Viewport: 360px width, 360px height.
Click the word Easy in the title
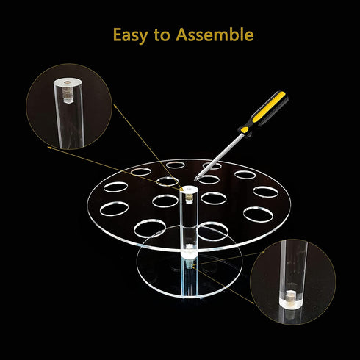[130, 35]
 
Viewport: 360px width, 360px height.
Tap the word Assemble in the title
[215, 35]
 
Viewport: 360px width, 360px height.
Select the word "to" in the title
[162, 35]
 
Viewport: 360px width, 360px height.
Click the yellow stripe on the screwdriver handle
[270, 107]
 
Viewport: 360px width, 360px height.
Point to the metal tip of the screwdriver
[195, 179]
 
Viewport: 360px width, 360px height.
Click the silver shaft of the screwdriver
[219, 156]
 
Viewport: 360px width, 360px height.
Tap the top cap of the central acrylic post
[189, 189]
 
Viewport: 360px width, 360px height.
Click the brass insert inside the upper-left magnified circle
[66, 93]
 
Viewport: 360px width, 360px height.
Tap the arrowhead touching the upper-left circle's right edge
[115, 106]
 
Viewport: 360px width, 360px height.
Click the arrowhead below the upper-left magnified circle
[49, 148]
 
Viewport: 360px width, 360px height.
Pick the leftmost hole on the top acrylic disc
[114, 209]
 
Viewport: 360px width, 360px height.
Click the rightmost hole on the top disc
[265, 192]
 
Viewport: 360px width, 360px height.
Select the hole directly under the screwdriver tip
[209, 179]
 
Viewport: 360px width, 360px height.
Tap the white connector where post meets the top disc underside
[189, 253]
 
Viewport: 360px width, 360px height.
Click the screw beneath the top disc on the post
[190, 264]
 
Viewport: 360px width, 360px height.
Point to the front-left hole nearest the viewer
[150, 228]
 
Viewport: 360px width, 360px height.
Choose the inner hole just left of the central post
[165, 201]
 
